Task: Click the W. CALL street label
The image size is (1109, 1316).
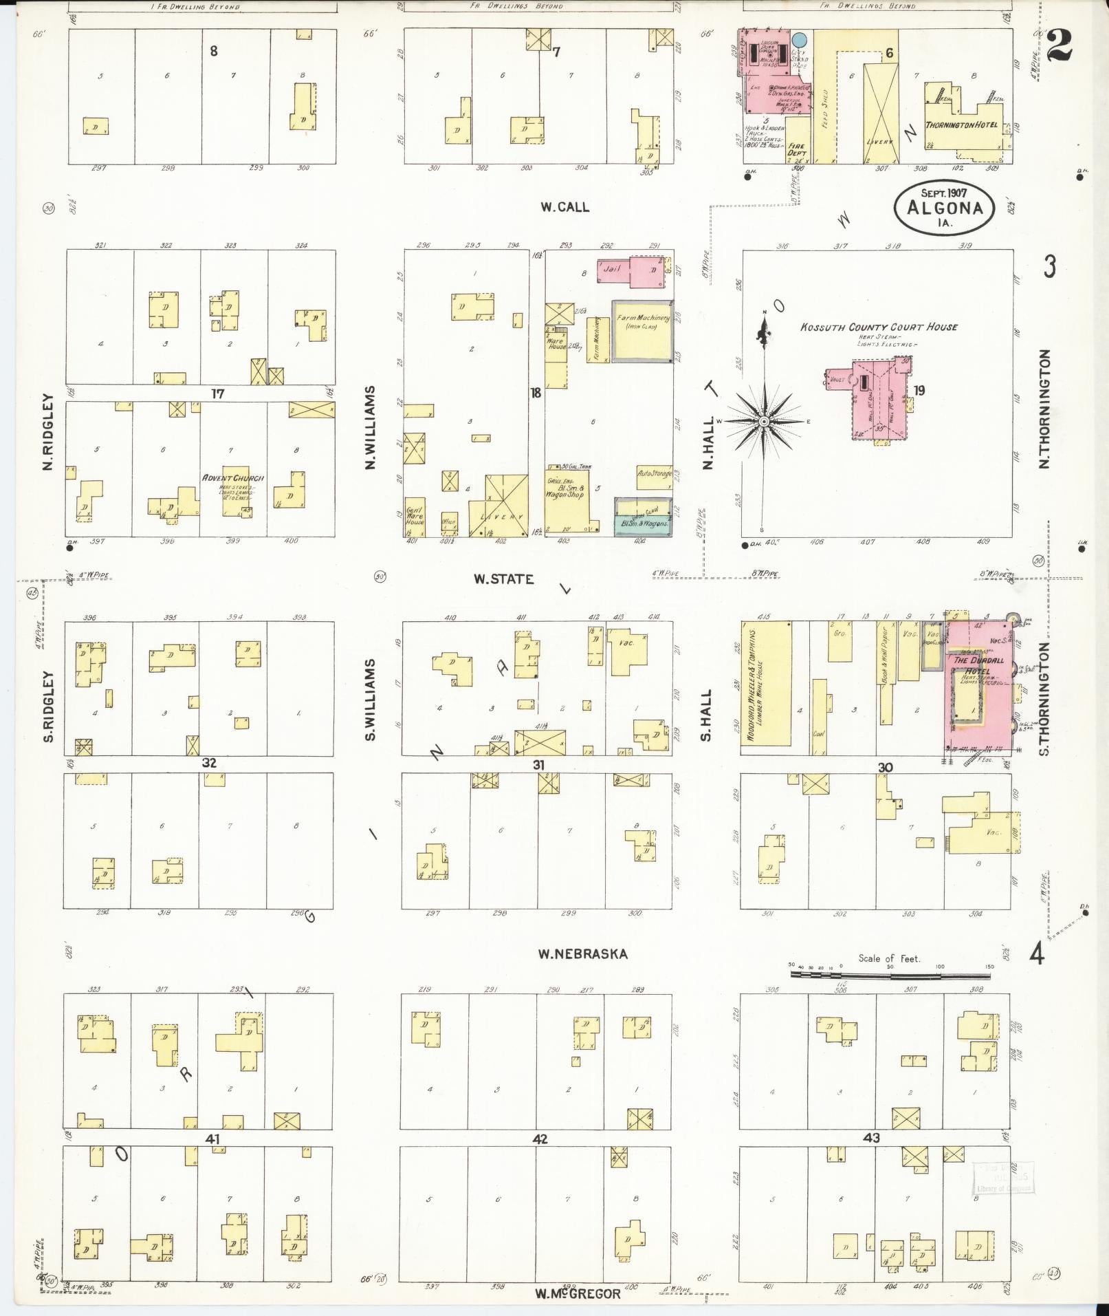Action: tap(564, 206)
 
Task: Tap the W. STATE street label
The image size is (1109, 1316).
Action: tap(503, 579)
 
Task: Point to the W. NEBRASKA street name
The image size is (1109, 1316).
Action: tap(583, 953)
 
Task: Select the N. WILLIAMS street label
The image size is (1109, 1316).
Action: tap(370, 427)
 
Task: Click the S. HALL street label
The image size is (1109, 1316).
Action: tap(706, 715)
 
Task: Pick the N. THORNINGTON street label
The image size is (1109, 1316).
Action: tap(1044, 409)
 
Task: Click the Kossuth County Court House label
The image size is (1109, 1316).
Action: tap(879, 327)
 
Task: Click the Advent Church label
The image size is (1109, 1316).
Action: tap(234, 478)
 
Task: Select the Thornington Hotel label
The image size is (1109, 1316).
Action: tap(961, 125)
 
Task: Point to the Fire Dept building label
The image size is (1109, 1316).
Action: tap(798, 149)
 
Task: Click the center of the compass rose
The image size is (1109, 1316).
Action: tap(763, 420)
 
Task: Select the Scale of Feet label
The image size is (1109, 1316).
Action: tap(888, 958)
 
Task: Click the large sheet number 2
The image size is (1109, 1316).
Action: tap(1062, 47)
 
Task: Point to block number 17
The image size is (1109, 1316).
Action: tap(218, 394)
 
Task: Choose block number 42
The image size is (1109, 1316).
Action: tap(540, 1139)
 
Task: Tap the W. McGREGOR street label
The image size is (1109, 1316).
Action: tap(578, 1293)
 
